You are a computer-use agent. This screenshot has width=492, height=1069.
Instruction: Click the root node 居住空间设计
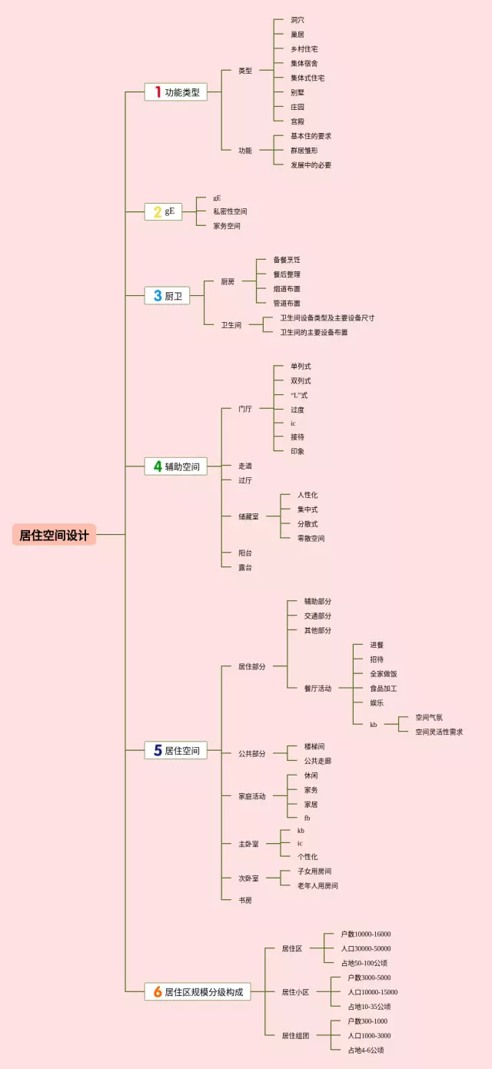point(54,535)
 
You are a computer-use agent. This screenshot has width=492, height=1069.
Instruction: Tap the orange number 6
point(158,991)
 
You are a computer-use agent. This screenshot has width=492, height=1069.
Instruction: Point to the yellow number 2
point(157,211)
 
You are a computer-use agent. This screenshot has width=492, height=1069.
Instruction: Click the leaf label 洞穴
point(298,19)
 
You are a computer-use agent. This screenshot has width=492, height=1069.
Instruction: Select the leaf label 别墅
point(298,92)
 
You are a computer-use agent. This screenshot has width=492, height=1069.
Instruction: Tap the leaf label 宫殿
point(298,121)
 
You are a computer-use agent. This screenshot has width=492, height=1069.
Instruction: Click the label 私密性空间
point(231,211)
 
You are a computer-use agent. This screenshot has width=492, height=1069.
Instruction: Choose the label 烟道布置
point(287,289)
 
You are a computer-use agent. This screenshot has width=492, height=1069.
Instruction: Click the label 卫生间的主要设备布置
point(314,332)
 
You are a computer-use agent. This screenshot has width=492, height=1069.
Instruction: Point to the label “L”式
point(299,395)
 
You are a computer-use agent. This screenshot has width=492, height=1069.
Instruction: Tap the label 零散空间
point(311,538)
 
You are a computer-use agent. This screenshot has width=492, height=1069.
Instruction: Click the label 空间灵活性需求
point(439,732)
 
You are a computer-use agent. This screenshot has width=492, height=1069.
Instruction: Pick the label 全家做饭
point(384,674)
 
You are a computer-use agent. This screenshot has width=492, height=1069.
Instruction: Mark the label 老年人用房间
point(318,885)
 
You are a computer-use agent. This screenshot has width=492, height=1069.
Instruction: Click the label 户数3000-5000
point(369,978)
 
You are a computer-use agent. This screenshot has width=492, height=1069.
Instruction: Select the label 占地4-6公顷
point(366,1050)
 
